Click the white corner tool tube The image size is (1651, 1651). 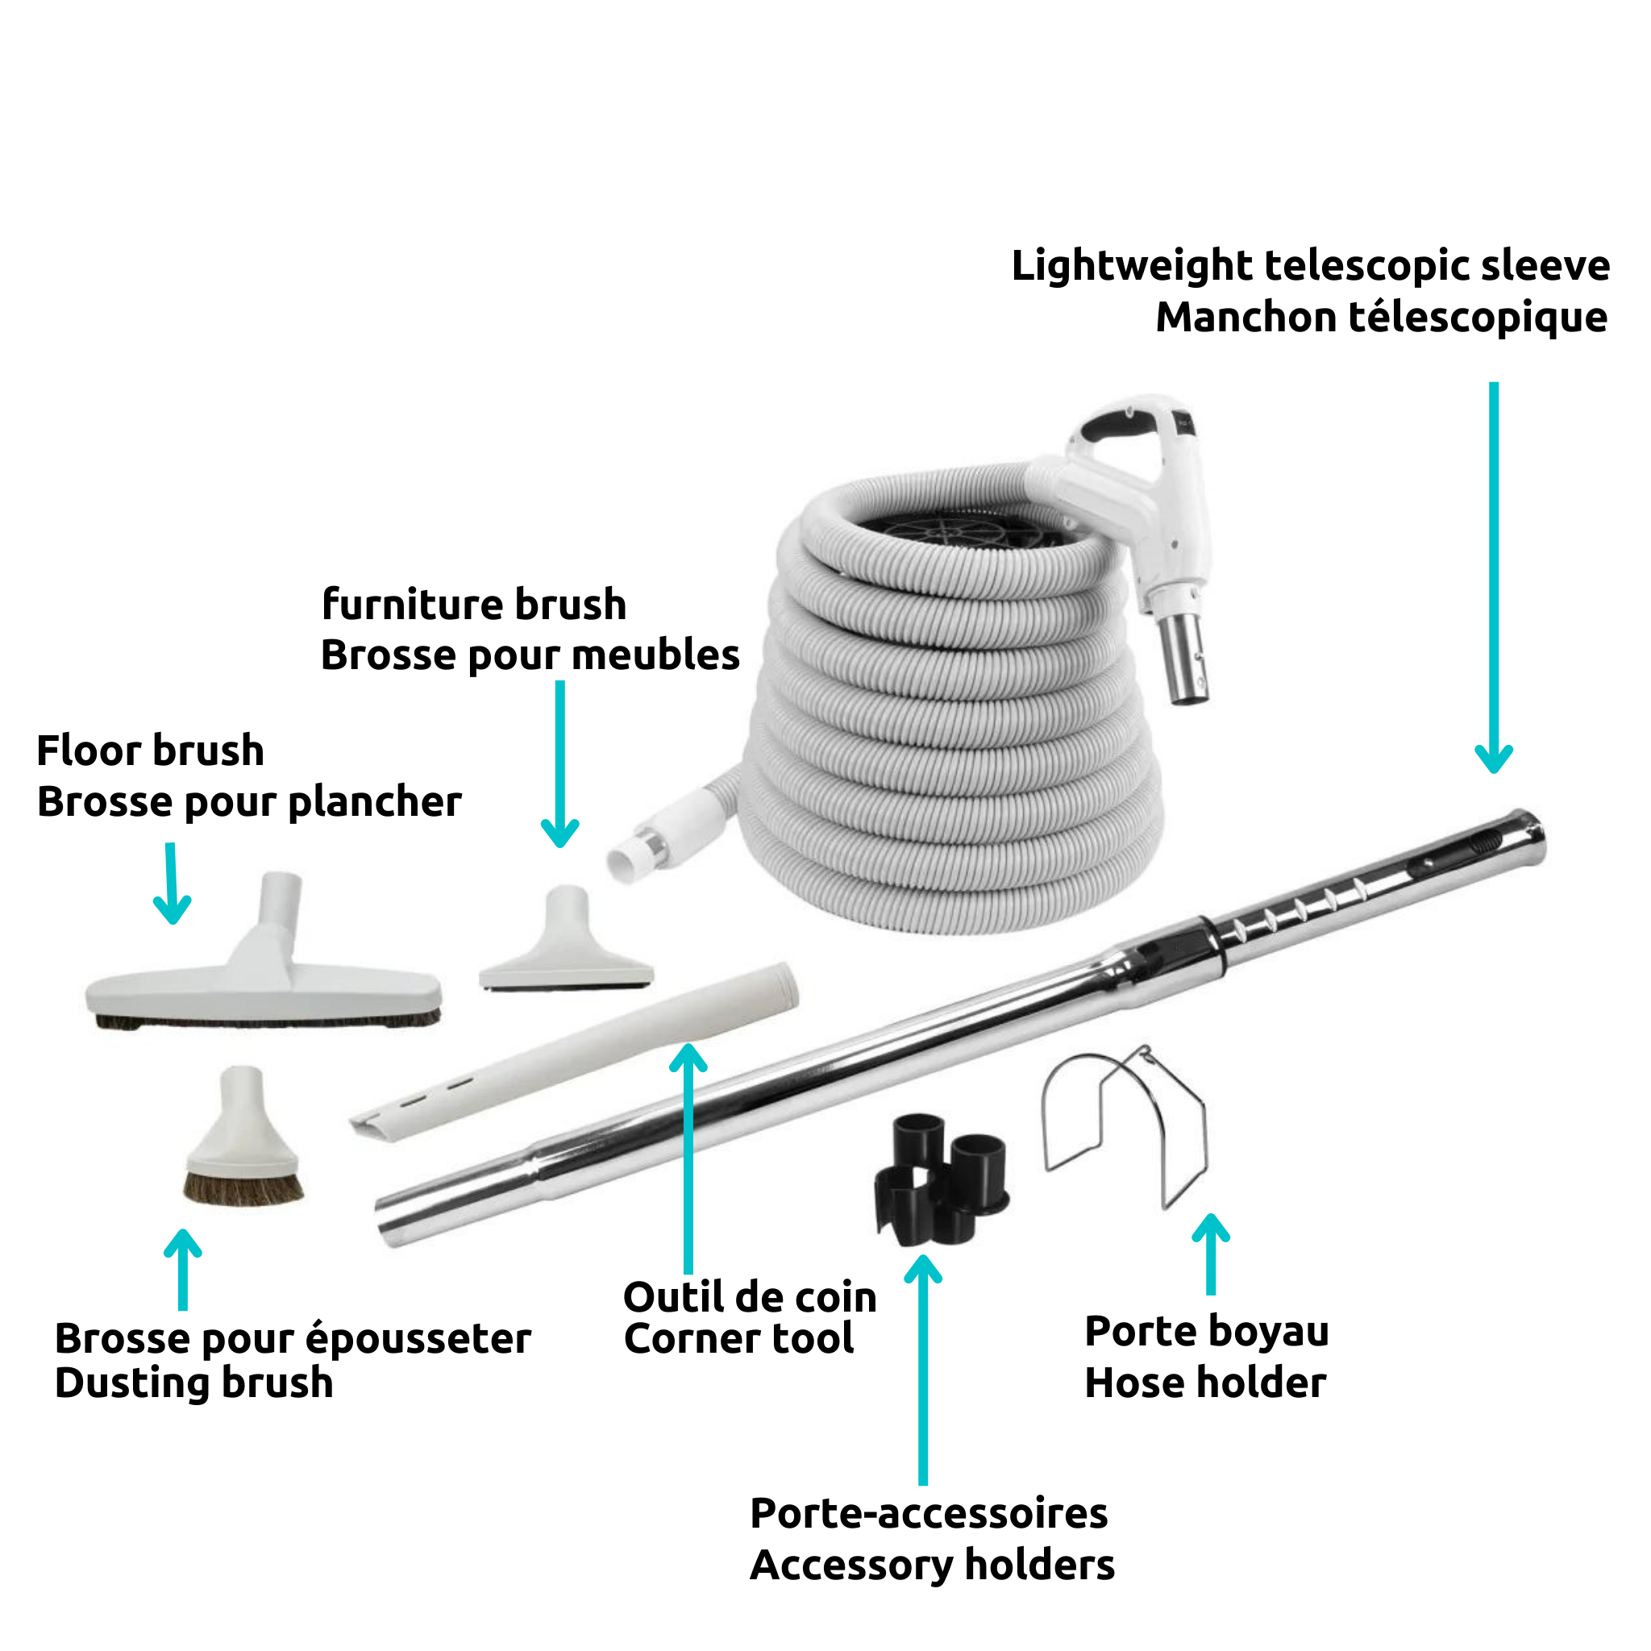[574, 1050]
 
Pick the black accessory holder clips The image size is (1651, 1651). [940, 1179]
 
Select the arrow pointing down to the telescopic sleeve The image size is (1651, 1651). [1494, 578]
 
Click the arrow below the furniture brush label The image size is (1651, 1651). [559, 764]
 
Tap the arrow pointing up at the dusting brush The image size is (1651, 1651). [183, 1270]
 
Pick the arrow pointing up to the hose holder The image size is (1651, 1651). [1210, 1254]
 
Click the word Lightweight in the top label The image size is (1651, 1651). [1133, 266]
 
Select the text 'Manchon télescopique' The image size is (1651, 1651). [1382, 317]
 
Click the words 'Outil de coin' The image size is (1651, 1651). [751, 1297]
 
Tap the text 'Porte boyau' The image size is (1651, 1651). [1207, 1332]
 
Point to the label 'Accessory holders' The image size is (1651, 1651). [933, 1566]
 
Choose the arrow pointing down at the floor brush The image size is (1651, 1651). [172, 884]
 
